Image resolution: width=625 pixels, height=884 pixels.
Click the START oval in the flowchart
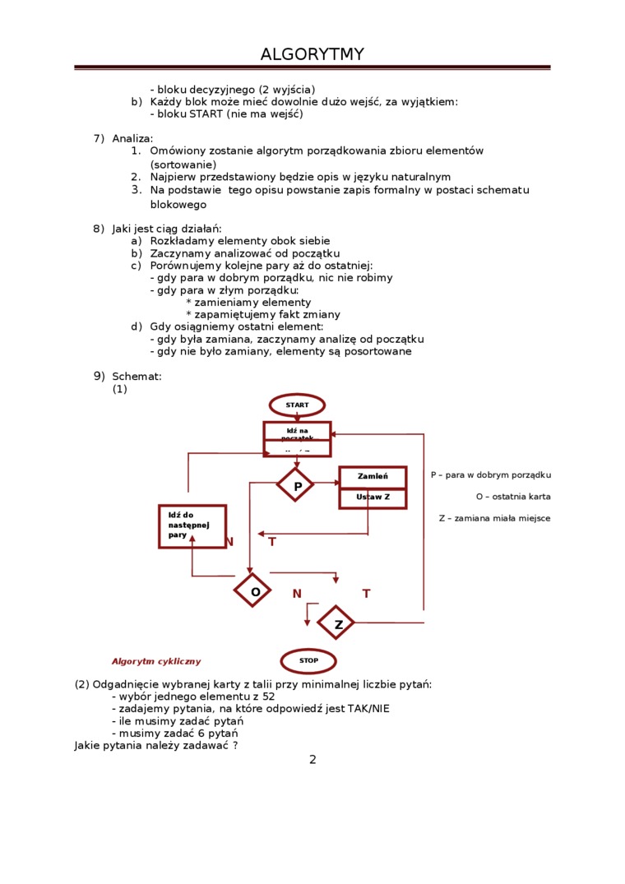pos(297,405)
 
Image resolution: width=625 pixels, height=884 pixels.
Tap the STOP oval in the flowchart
pos(308,661)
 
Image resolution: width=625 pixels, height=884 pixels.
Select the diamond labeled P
pos(295,485)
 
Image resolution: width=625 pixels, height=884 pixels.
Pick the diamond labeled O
pos(252,590)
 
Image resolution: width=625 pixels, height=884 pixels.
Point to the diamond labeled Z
pos(336,623)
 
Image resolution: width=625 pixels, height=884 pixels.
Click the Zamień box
pos(373,477)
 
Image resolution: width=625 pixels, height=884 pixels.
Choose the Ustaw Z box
pos(373,498)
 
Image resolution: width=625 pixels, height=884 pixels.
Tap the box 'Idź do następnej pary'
pos(192,526)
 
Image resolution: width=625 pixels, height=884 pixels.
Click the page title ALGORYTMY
pos(312,54)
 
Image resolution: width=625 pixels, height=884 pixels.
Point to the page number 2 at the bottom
pos(312,759)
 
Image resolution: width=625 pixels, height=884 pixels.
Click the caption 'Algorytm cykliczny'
pos(156,661)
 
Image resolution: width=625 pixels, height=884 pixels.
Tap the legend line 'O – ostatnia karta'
pos(513,497)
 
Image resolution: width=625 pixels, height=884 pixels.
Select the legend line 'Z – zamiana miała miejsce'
pos(494,518)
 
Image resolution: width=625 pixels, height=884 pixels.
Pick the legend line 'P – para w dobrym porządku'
pos(491,474)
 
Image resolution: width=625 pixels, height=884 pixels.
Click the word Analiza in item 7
pos(132,138)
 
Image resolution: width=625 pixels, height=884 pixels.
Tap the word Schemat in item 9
pos(137,377)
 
